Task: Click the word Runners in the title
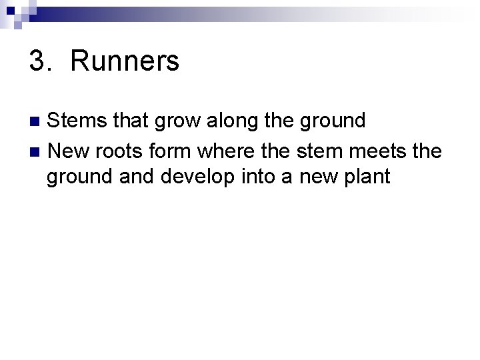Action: point(124,61)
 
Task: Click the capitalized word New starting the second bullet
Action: point(69,151)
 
